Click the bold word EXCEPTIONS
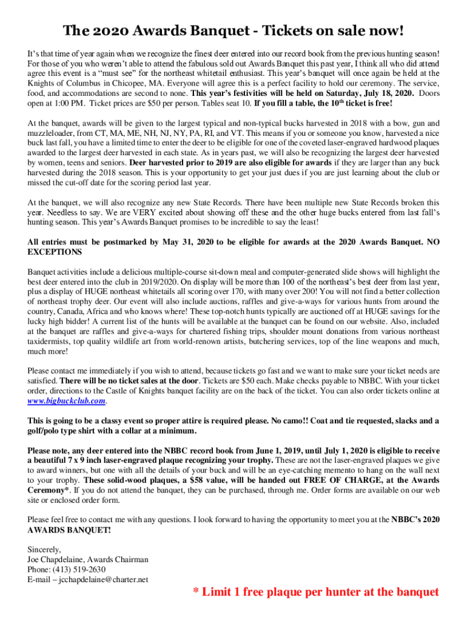pyautogui.click(x=55, y=252)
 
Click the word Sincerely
pyautogui.click(x=44, y=549)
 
